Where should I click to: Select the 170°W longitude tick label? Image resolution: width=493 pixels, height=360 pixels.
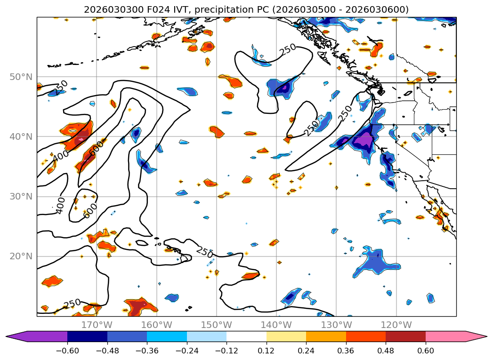pos(97,325)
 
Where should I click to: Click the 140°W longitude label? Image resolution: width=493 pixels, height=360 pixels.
pos(276,325)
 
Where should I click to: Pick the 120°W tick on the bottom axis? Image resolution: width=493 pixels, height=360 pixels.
pos(396,325)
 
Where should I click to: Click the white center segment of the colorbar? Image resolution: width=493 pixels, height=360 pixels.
pos(246,336)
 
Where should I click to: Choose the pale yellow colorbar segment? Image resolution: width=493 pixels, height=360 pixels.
pos(286,336)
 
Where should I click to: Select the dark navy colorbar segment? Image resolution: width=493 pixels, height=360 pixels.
pos(87,336)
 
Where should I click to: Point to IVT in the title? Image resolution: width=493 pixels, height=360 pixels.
pos(168,10)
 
